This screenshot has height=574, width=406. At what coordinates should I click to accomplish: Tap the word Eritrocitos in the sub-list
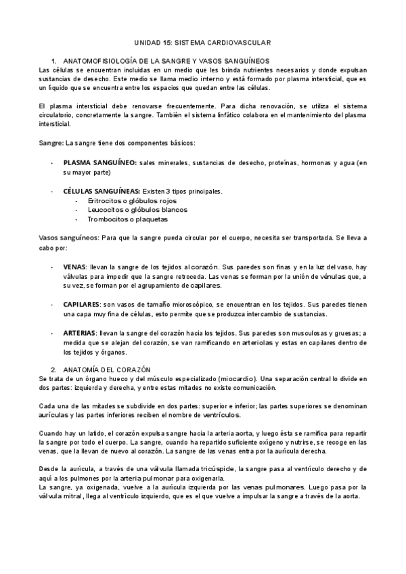pos(106,201)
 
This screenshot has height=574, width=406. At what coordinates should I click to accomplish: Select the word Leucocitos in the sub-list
pos(106,210)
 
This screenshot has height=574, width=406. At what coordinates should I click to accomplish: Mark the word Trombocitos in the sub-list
pos(108,219)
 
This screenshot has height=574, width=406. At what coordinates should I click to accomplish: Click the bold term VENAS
pos(74,267)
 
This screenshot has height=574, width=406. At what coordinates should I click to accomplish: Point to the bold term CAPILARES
pos(81,305)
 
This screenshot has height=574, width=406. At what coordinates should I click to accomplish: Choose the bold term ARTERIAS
pos(80,333)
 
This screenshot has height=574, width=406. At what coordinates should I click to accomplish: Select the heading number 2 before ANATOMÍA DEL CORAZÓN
pos(53,370)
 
